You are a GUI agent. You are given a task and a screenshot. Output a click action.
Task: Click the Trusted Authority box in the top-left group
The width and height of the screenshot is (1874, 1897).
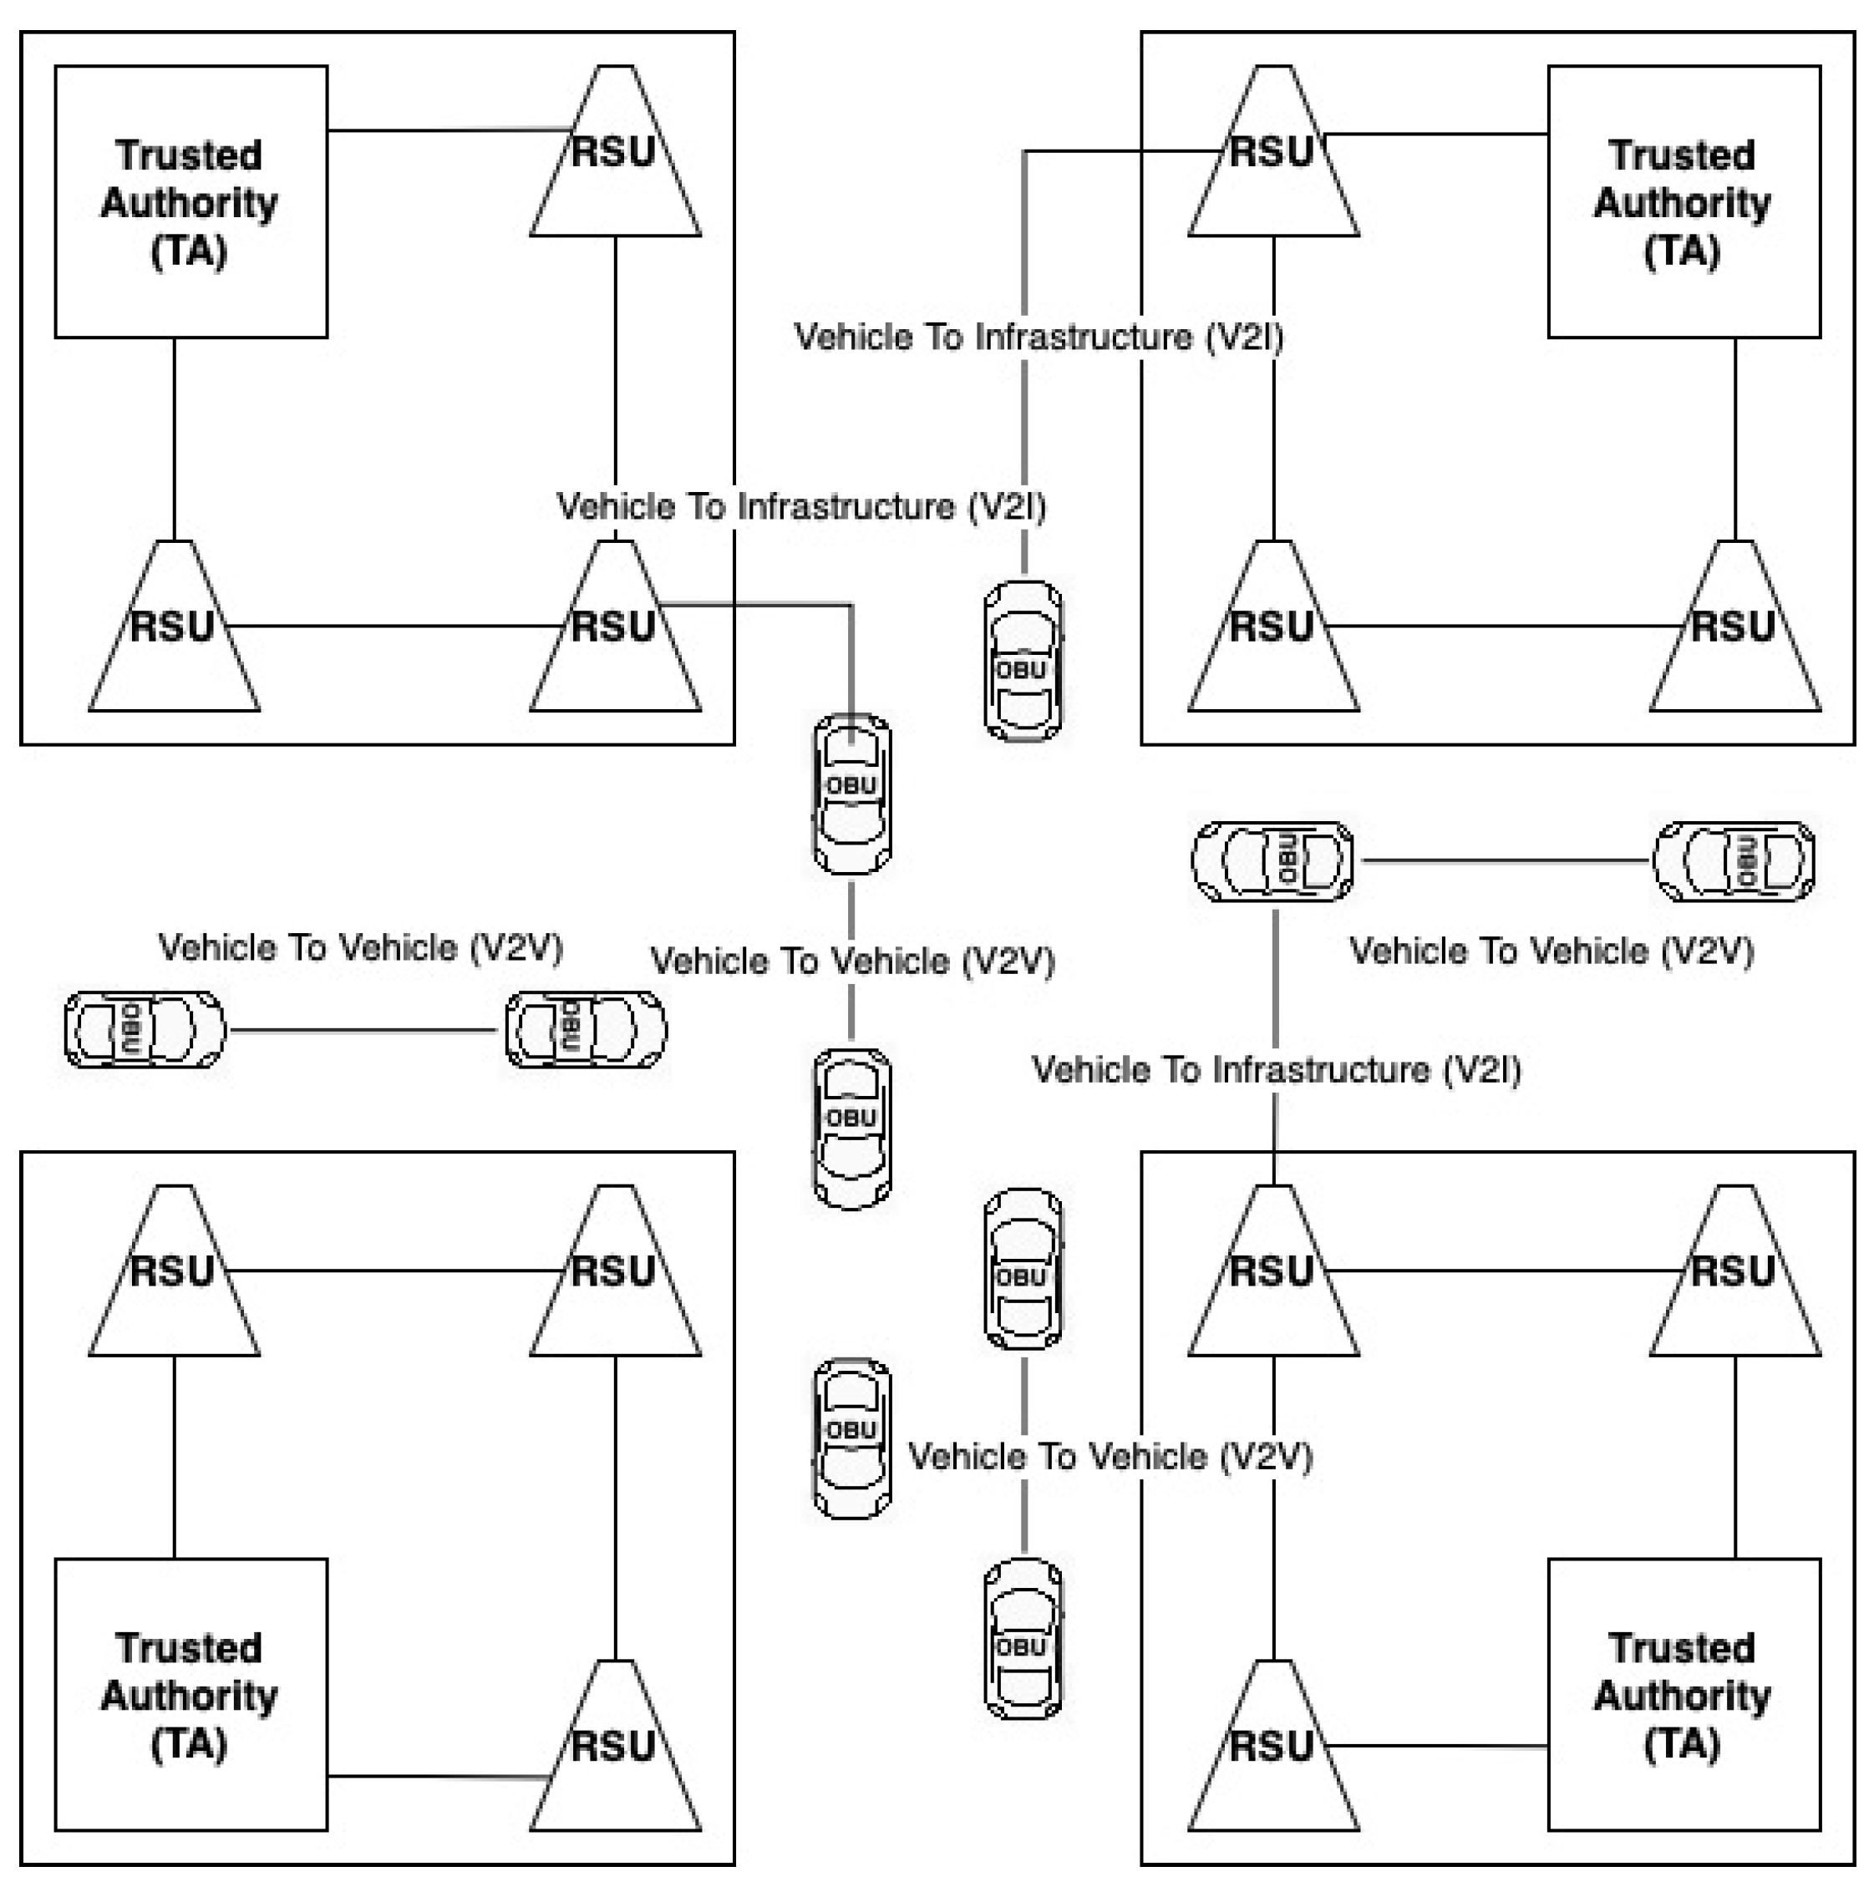click(x=190, y=201)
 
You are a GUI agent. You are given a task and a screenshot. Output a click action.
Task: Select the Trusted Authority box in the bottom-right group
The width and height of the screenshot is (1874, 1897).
click(x=1683, y=1694)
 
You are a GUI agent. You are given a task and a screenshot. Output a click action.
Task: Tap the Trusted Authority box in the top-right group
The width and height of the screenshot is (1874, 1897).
click(x=1683, y=201)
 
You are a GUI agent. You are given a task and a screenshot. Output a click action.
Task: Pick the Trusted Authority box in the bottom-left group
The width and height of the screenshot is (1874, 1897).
click(x=190, y=1694)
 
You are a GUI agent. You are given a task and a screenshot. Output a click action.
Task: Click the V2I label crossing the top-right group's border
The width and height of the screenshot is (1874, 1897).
click(x=1039, y=337)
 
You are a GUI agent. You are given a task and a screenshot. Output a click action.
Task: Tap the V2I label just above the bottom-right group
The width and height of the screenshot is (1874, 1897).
click(x=1276, y=1069)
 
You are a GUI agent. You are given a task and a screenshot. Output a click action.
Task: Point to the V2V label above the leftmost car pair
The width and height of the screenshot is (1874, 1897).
click(x=360, y=947)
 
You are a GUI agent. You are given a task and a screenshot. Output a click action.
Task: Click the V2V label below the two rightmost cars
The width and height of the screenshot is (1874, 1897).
click(x=1551, y=951)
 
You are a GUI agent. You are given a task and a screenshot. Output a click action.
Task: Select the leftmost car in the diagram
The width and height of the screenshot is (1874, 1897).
click(x=144, y=1029)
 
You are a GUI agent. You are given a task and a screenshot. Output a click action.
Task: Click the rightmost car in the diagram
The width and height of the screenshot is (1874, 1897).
click(x=1734, y=861)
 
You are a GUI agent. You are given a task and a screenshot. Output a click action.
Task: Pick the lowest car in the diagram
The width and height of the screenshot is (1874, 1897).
click(x=1023, y=1638)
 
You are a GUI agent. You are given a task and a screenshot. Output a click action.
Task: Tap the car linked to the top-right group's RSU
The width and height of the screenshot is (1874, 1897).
click(x=1023, y=660)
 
